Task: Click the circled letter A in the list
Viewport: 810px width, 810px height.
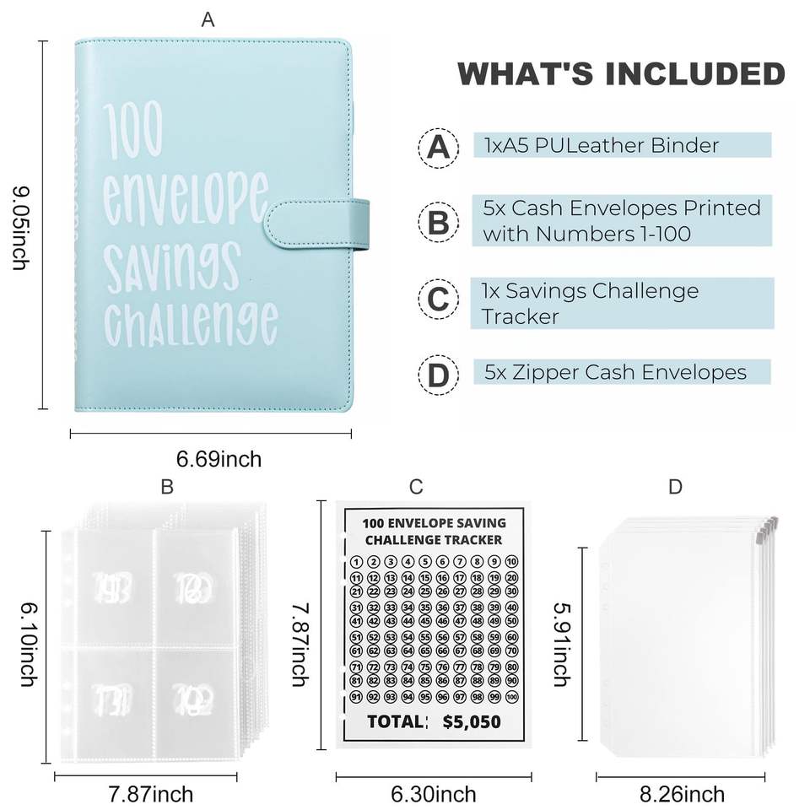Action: (438, 147)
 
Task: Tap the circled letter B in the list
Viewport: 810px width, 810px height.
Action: (438, 223)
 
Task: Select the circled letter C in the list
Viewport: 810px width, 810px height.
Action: (438, 301)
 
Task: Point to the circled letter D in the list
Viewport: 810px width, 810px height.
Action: (438, 374)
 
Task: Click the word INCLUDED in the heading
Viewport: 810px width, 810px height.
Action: (689, 73)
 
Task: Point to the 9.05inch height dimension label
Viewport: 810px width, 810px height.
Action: (19, 228)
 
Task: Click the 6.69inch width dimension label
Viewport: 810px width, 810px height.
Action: (219, 460)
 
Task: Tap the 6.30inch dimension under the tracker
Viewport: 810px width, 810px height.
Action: (434, 794)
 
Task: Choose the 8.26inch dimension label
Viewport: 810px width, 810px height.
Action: (683, 794)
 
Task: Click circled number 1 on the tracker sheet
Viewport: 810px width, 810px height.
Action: (356, 563)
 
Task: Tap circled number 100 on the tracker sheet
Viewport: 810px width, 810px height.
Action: (511, 697)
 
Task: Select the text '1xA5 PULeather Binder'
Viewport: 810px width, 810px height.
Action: (601, 145)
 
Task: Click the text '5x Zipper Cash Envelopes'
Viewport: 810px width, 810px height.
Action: (615, 372)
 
